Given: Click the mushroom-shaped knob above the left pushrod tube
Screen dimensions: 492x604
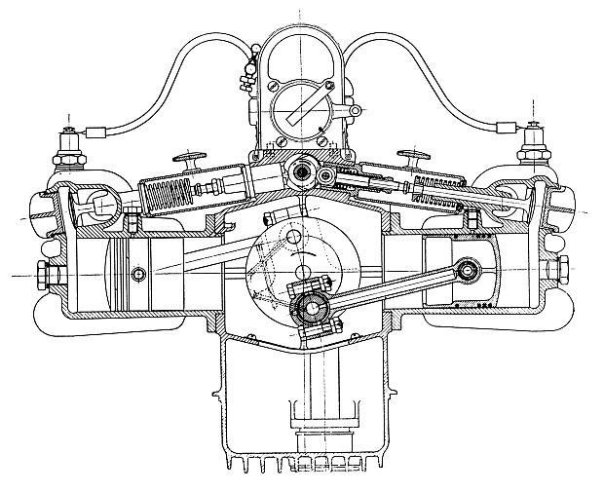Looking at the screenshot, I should click(188, 157).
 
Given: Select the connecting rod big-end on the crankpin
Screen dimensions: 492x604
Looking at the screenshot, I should click(310, 309).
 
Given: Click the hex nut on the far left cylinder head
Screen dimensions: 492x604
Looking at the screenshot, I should click(41, 272).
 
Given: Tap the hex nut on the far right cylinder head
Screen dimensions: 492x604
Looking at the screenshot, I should click(564, 268).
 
